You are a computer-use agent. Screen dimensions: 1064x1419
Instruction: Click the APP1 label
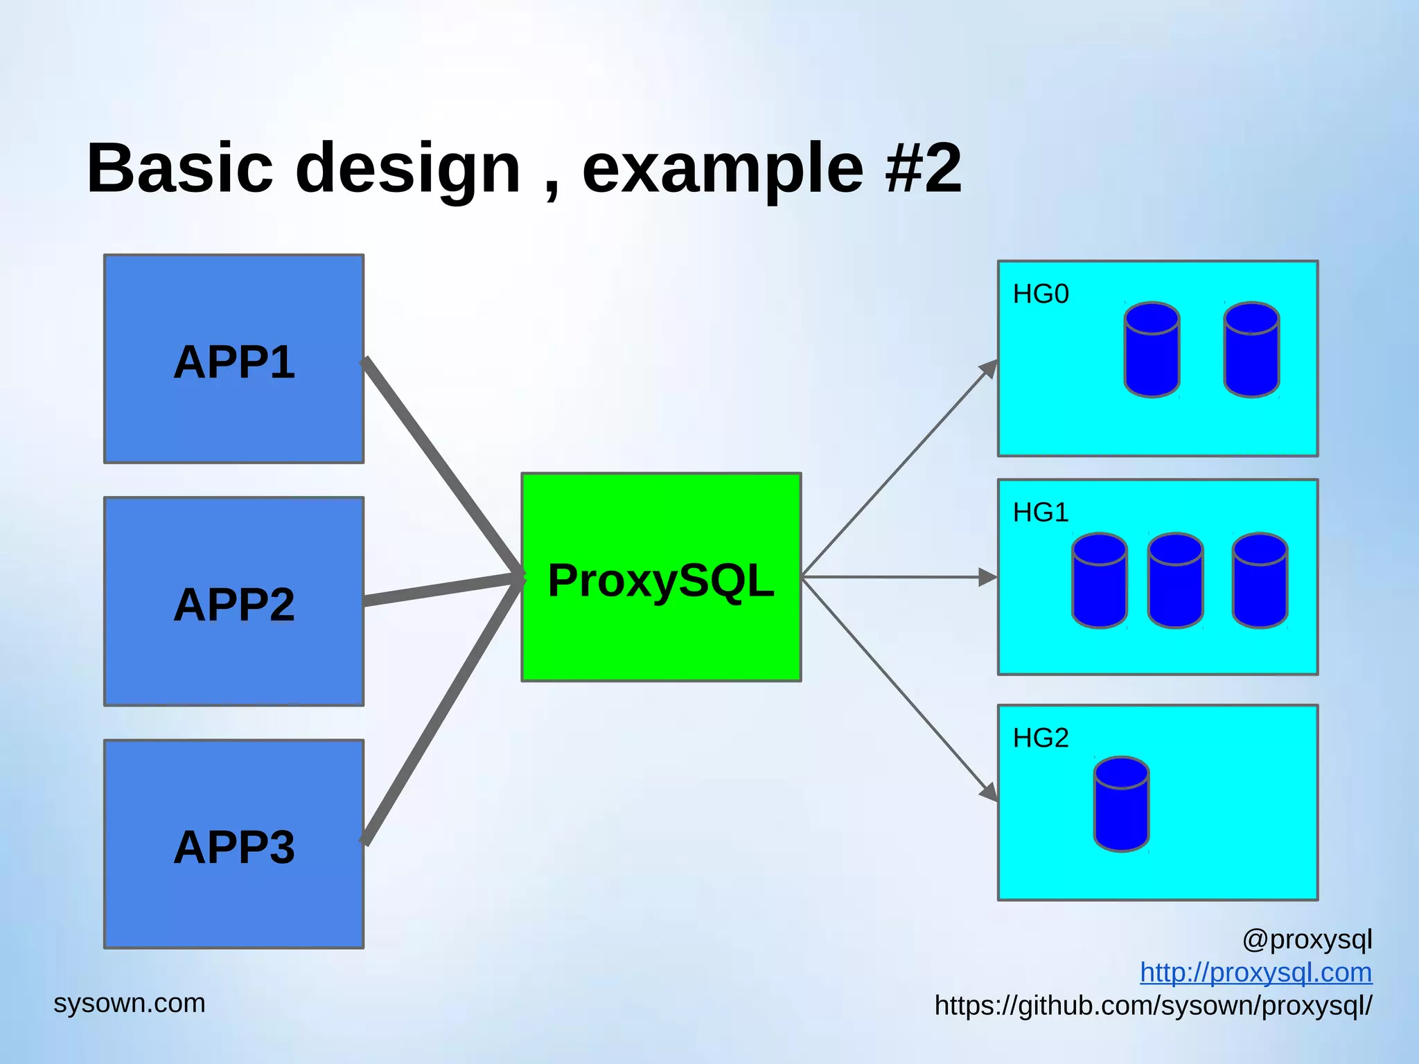coord(234,362)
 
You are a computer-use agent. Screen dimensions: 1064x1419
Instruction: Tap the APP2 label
coord(234,605)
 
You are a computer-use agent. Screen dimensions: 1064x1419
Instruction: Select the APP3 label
coord(234,847)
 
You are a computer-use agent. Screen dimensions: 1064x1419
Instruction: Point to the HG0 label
coord(1041,294)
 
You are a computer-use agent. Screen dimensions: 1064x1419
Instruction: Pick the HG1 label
coord(1041,513)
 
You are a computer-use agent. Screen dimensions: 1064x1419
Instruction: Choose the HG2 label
coord(1041,738)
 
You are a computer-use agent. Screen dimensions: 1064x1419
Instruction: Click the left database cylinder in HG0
coord(1152,350)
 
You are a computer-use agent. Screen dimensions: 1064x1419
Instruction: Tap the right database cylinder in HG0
coord(1251,350)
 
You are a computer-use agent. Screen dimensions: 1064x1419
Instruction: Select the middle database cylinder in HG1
coord(1175,580)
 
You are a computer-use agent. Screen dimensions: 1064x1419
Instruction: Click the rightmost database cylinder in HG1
coord(1260,580)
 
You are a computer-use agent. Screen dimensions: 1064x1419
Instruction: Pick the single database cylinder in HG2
coord(1121,804)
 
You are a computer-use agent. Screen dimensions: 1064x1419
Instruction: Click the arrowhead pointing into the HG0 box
coord(989,369)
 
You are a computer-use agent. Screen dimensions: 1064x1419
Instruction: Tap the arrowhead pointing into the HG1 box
coord(987,577)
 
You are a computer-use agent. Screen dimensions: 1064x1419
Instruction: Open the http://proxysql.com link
coord(1255,973)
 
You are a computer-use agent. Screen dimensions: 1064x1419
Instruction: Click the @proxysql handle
coord(1307,940)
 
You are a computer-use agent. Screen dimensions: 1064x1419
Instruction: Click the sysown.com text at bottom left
coord(130,1003)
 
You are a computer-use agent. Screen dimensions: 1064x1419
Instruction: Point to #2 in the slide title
coord(924,168)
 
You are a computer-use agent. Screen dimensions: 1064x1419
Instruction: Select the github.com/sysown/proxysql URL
coord(1153,1006)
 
